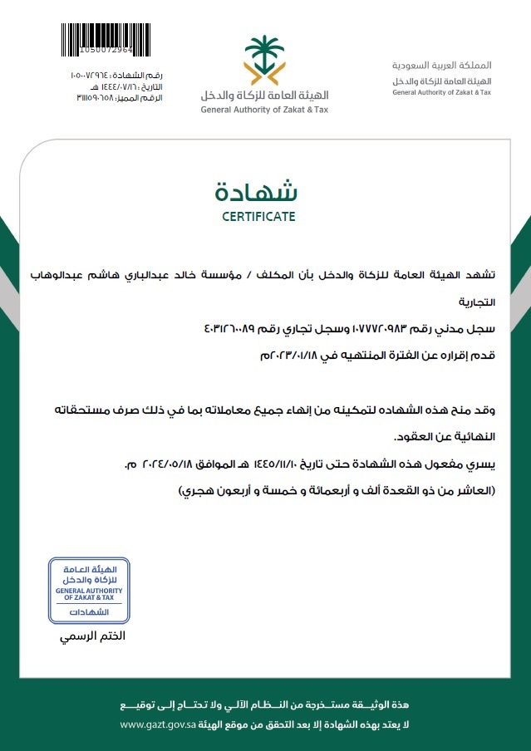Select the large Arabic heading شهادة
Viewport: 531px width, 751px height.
pyautogui.click(x=258, y=192)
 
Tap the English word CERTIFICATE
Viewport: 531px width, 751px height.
pyautogui.click(x=258, y=218)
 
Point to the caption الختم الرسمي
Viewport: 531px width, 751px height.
pyautogui.click(x=91, y=637)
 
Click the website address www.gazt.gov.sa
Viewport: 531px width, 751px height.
pyautogui.click(x=156, y=725)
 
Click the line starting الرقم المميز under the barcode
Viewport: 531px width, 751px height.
pyautogui.click(x=120, y=98)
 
